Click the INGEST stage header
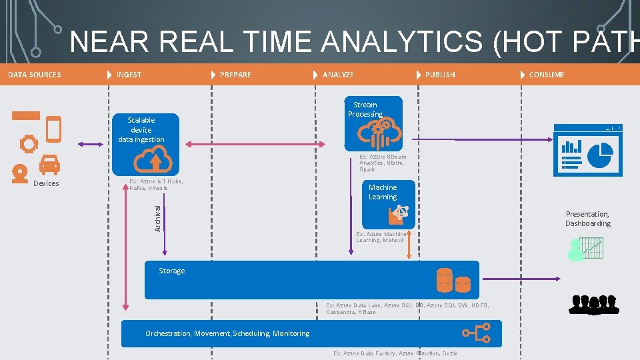129,75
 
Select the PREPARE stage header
235,75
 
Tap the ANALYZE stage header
338,75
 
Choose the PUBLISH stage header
440,75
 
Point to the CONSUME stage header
546,75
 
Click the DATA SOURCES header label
35,75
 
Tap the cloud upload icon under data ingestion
153,160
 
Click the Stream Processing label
365,109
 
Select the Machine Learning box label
383,192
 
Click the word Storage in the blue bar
172,271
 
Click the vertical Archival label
157,218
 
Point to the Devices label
46,183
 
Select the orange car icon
49,164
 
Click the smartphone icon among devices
53,129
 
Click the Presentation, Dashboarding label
587,219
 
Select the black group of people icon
593,304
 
